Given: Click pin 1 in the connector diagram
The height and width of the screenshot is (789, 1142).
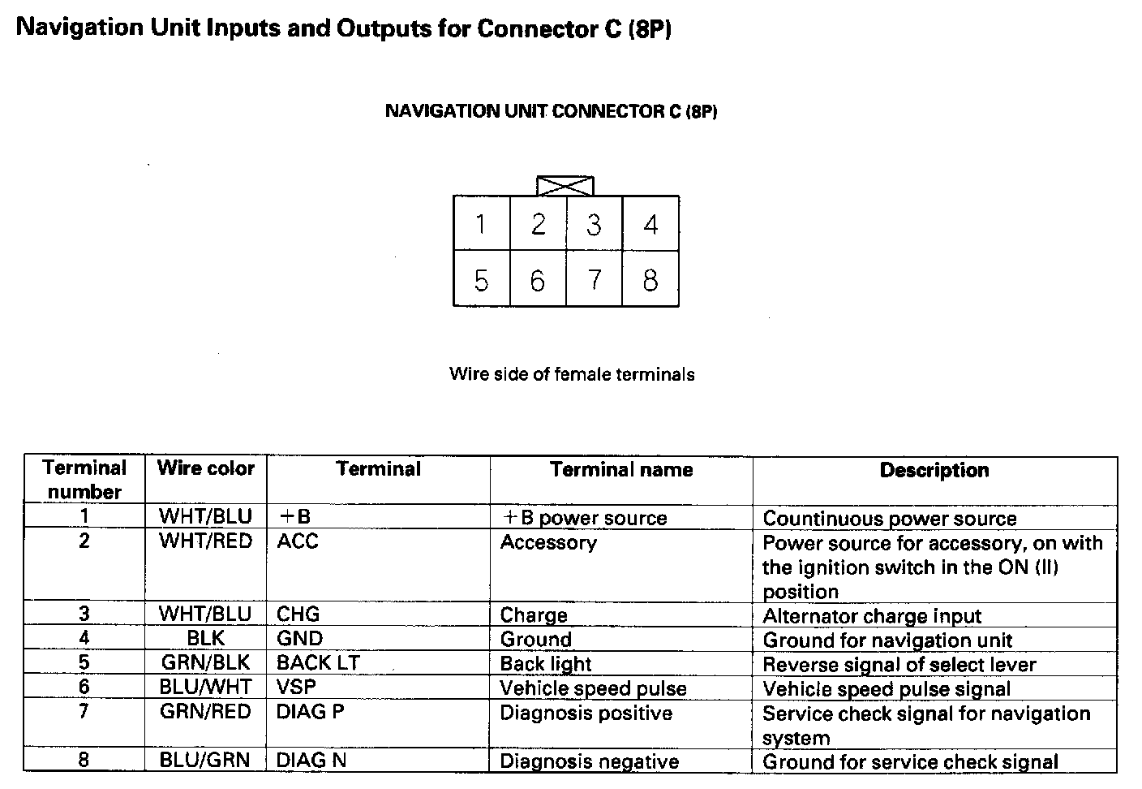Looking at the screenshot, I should [481, 223].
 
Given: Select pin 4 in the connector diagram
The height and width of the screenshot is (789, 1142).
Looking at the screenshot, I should [650, 223].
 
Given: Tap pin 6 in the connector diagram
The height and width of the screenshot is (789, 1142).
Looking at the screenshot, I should [538, 280].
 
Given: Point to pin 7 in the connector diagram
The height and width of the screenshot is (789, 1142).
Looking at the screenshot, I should [594, 280].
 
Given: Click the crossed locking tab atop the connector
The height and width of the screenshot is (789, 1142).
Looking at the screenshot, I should [565, 186].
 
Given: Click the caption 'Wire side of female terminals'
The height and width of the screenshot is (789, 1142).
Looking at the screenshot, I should [572, 374].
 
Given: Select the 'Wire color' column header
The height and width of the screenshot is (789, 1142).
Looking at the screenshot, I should [206, 468].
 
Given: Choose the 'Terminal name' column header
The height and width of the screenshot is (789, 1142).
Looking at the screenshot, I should [621, 469].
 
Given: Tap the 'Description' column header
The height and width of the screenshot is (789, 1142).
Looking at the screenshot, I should [934, 470].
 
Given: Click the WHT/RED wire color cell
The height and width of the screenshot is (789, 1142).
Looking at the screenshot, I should [206, 541].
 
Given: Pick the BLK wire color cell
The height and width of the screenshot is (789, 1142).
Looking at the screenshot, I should [206, 639].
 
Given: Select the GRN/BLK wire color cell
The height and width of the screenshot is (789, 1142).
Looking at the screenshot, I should [206, 663].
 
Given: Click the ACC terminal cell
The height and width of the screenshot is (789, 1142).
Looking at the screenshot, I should [298, 541].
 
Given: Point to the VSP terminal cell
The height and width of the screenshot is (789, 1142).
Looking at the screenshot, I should [296, 688].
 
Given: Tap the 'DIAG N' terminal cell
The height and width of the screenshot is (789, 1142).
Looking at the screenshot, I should [312, 761].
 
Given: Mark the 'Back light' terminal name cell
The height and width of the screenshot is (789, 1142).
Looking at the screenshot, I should [546, 664].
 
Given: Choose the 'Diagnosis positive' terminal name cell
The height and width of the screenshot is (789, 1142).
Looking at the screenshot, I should [586, 713].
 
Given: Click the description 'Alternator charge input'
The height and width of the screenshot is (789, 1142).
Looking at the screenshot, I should [872, 616].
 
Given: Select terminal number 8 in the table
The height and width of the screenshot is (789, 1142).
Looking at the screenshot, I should [84, 760].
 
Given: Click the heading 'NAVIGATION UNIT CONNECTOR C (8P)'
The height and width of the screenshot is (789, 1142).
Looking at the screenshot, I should [551, 111].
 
